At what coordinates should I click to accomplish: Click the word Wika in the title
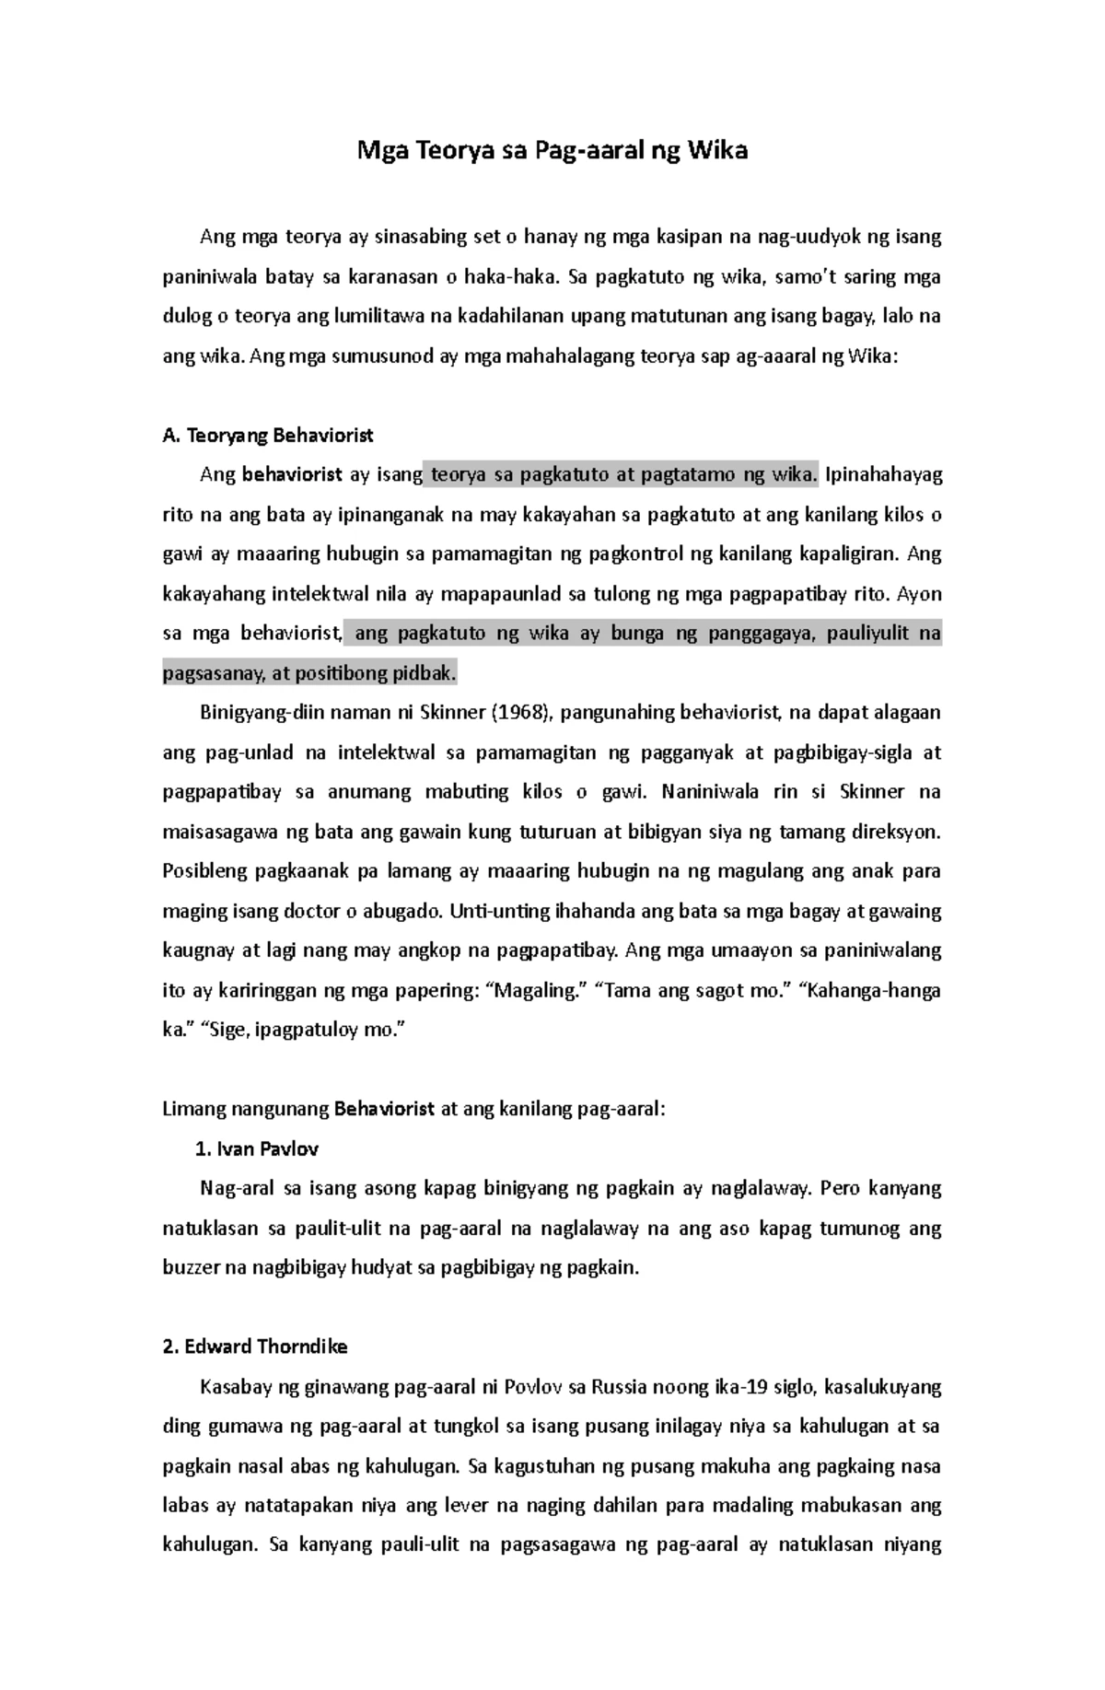(x=715, y=151)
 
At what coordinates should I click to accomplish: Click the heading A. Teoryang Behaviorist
(x=267, y=436)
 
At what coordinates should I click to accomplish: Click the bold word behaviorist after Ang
(x=291, y=475)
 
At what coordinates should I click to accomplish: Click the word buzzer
(x=191, y=1267)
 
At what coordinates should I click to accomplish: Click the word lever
(x=467, y=1505)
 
